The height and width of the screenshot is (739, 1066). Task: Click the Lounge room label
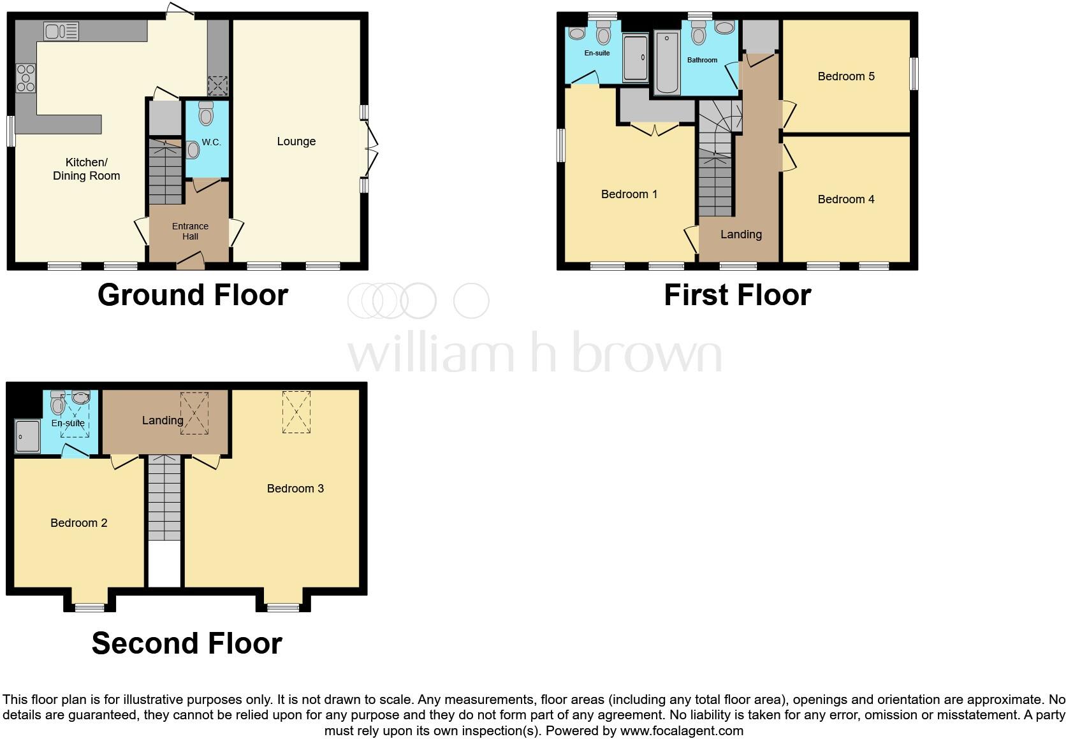296,141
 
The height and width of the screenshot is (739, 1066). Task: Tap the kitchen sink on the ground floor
61,31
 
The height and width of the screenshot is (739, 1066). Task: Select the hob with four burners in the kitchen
26,78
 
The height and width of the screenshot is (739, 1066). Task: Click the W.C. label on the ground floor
211,142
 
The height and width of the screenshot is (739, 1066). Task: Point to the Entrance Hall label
190,231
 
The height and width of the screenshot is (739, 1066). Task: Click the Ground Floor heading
193,295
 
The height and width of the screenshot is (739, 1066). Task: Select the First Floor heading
737,295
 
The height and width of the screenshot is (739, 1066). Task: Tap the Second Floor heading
187,643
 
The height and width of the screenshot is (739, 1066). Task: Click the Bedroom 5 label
846,76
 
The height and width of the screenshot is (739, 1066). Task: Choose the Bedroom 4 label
846,199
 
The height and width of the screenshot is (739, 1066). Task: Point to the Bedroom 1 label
629,194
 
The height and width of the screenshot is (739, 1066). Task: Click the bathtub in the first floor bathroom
666,62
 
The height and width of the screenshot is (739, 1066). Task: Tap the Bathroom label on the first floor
702,60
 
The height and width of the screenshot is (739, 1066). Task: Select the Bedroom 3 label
295,489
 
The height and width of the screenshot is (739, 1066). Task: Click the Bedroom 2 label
79,523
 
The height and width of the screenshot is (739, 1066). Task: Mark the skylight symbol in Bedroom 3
296,412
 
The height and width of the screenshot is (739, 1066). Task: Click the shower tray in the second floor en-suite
27,436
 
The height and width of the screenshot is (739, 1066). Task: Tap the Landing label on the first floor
741,234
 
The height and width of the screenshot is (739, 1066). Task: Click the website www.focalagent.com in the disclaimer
682,731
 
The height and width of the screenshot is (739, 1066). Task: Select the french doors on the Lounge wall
370,148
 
